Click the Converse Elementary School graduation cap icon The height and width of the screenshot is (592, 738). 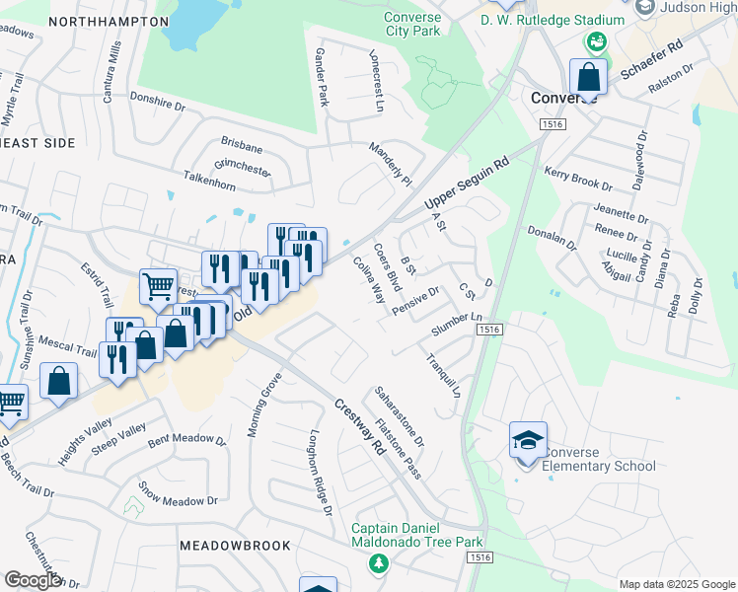[x=528, y=439]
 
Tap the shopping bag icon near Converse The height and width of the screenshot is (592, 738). [x=588, y=76]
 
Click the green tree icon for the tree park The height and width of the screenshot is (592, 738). [x=376, y=563]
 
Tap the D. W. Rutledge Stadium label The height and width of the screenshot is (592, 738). [x=552, y=20]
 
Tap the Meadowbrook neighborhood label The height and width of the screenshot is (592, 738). [x=235, y=546]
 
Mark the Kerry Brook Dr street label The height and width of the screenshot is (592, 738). [x=578, y=179]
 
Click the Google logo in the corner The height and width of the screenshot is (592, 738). [x=33, y=580]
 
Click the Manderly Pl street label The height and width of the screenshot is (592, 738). [x=390, y=165]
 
